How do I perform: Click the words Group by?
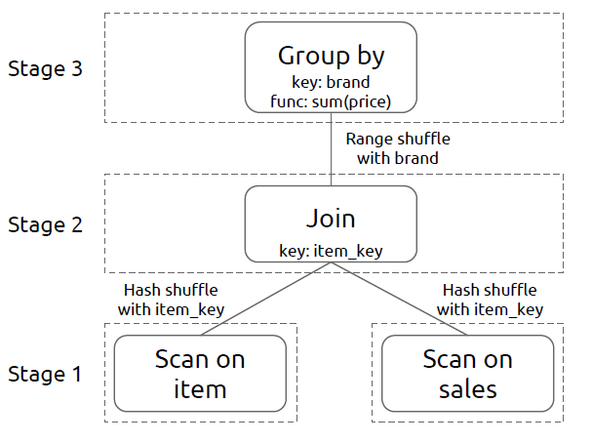coord(331,56)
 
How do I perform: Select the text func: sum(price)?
coord(331,100)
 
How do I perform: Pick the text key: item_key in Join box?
coord(330,251)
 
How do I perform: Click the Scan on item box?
coord(200,374)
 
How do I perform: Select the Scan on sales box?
coord(467,374)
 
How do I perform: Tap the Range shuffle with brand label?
coord(397,147)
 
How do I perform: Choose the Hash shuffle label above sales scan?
coord(489,300)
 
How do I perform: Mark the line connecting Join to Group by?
coord(331,146)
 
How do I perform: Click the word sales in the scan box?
coord(467,389)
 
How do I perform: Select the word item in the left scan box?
coord(200,389)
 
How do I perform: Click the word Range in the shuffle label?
coord(369,139)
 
